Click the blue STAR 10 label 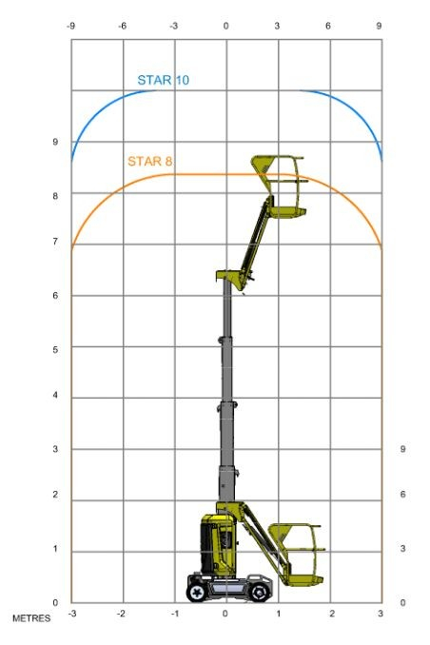coord(164,80)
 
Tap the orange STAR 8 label coord(149,162)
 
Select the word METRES coord(31,618)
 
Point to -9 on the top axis coord(70,26)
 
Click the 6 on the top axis coord(328,26)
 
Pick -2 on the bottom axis coord(121,614)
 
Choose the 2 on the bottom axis coord(332,614)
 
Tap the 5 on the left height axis coord(55,349)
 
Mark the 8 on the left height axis coord(55,196)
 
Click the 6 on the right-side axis coord(402,494)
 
